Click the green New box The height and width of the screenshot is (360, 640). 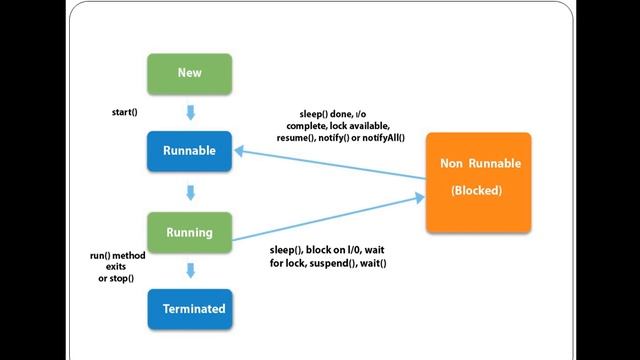tap(189, 73)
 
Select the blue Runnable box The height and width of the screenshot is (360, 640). tap(189, 152)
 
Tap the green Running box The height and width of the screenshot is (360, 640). tap(189, 232)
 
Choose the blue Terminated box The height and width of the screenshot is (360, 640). tap(189, 309)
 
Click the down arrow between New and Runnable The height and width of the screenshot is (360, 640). tap(190, 113)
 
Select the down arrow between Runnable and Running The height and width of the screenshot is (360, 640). tap(190, 192)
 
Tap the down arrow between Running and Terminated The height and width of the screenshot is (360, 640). tap(190, 271)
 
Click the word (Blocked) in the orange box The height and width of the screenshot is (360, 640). tap(476, 190)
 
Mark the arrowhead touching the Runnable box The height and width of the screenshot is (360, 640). tap(241, 150)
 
